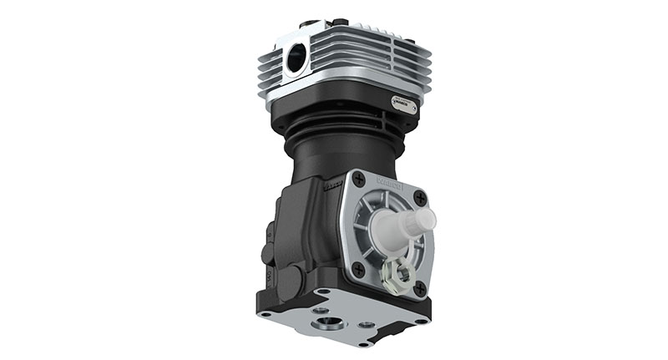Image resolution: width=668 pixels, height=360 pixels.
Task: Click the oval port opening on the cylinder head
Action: point(296,58)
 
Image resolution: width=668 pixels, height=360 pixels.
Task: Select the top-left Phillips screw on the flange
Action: point(359,180)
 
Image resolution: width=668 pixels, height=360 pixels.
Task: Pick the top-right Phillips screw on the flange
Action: point(419,198)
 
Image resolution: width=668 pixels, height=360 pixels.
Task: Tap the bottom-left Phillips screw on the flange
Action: point(358,269)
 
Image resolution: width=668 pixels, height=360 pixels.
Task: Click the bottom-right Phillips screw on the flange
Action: point(419,288)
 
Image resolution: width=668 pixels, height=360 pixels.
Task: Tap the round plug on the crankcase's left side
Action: point(268,251)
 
